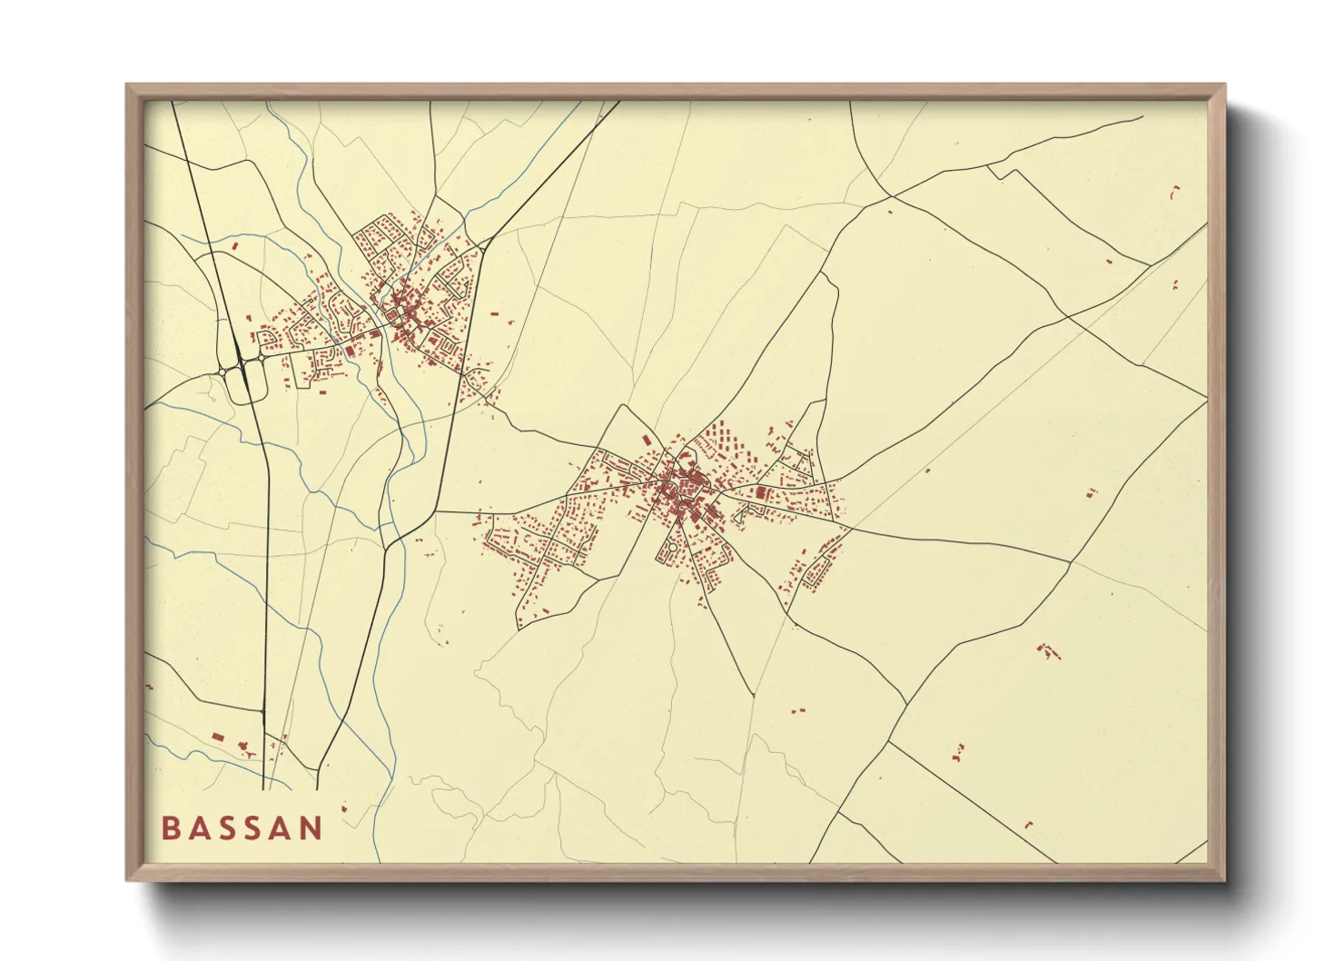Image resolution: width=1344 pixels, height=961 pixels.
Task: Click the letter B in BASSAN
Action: coord(170,828)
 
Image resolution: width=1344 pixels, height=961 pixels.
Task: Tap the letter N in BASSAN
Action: coord(312,828)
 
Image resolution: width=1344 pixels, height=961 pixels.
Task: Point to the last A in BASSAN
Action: coord(285,828)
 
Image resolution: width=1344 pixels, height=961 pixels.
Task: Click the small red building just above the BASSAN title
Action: coord(343,807)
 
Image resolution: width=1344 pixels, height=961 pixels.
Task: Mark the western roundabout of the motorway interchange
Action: coord(222,371)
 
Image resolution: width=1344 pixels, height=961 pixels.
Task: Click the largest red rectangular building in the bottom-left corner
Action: coord(217,736)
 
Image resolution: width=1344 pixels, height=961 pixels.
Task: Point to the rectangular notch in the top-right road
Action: coord(998,173)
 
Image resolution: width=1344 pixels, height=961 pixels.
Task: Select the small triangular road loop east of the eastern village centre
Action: coord(740,514)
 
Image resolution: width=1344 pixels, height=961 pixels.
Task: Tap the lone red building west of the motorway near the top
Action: coord(234,245)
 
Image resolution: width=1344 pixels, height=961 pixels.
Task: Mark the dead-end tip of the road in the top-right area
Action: coord(1142,116)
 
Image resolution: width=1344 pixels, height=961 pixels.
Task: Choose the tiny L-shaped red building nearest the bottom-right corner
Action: coord(1029,825)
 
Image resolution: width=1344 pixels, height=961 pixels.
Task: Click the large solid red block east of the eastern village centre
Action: coord(761,493)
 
